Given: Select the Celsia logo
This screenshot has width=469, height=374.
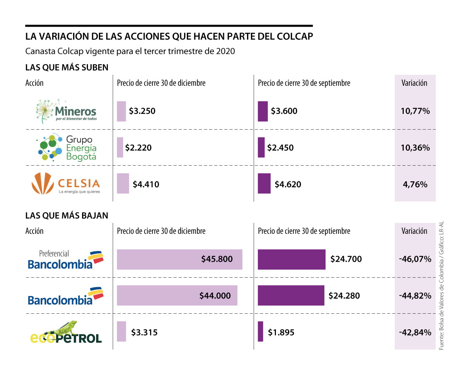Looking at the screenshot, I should [x=66, y=184].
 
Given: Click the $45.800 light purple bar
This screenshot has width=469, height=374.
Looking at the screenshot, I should [x=179, y=259].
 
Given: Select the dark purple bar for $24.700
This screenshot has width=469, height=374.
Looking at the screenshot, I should [x=292, y=259].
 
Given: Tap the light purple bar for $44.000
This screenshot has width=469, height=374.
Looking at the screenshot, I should [x=177, y=295].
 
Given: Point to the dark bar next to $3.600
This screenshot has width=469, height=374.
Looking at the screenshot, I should [x=263, y=111].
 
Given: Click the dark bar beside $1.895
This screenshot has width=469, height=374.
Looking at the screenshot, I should [x=260, y=332].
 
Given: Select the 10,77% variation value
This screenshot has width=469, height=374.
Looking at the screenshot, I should [x=415, y=111].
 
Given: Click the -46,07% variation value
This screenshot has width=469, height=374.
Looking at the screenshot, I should [x=415, y=259].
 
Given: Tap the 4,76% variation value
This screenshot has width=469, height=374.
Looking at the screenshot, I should [x=415, y=184].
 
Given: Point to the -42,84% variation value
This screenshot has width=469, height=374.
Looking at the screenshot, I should [x=415, y=332].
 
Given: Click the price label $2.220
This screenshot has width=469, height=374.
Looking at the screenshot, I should [x=138, y=148].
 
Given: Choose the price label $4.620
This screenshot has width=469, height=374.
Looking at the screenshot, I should [x=288, y=184].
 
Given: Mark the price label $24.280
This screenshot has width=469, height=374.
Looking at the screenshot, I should [x=344, y=296].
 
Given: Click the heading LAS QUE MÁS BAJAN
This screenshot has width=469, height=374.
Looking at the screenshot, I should [x=67, y=215].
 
